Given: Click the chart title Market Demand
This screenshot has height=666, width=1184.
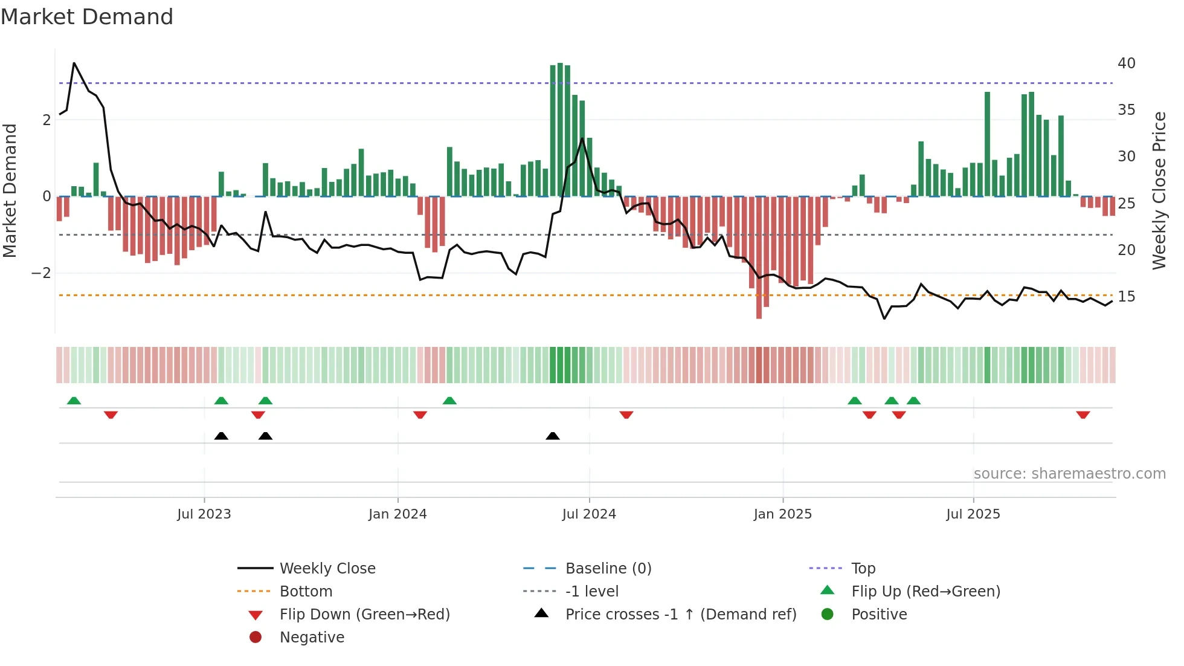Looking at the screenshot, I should [x=87, y=17].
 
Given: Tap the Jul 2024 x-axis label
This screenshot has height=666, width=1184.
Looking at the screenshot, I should [x=589, y=514].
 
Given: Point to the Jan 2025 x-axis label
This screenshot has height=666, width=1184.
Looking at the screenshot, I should [x=782, y=514].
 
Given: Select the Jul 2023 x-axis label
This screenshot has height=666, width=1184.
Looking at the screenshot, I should [x=204, y=514].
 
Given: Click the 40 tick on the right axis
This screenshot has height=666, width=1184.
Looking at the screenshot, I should [x=1126, y=63].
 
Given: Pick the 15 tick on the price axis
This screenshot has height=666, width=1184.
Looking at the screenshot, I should [x=1126, y=297].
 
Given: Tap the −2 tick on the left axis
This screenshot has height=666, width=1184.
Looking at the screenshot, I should [x=41, y=273].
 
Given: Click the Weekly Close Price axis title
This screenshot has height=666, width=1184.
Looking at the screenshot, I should [x=1159, y=190].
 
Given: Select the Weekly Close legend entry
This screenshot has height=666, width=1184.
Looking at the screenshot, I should [x=327, y=569].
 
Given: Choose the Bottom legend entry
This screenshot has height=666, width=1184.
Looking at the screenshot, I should [x=306, y=592].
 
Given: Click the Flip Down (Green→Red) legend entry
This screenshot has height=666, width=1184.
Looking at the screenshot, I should [x=364, y=615].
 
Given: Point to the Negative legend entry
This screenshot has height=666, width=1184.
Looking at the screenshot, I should [x=312, y=638].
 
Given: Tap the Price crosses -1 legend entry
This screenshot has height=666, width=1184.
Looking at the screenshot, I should [x=680, y=615].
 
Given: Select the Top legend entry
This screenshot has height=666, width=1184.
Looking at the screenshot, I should [x=863, y=569].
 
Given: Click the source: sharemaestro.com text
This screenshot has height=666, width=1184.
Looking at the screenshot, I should [x=1069, y=474].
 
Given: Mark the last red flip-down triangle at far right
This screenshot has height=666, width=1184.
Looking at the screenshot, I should [x=1083, y=415].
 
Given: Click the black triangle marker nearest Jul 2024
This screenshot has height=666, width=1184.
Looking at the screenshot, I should [x=552, y=436].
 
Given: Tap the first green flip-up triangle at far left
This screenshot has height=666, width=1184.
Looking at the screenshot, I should [x=74, y=401].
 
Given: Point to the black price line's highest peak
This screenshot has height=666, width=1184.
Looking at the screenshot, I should [x=74, y=63].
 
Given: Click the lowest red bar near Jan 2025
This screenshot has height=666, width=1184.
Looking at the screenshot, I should [x=759, y=317].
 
